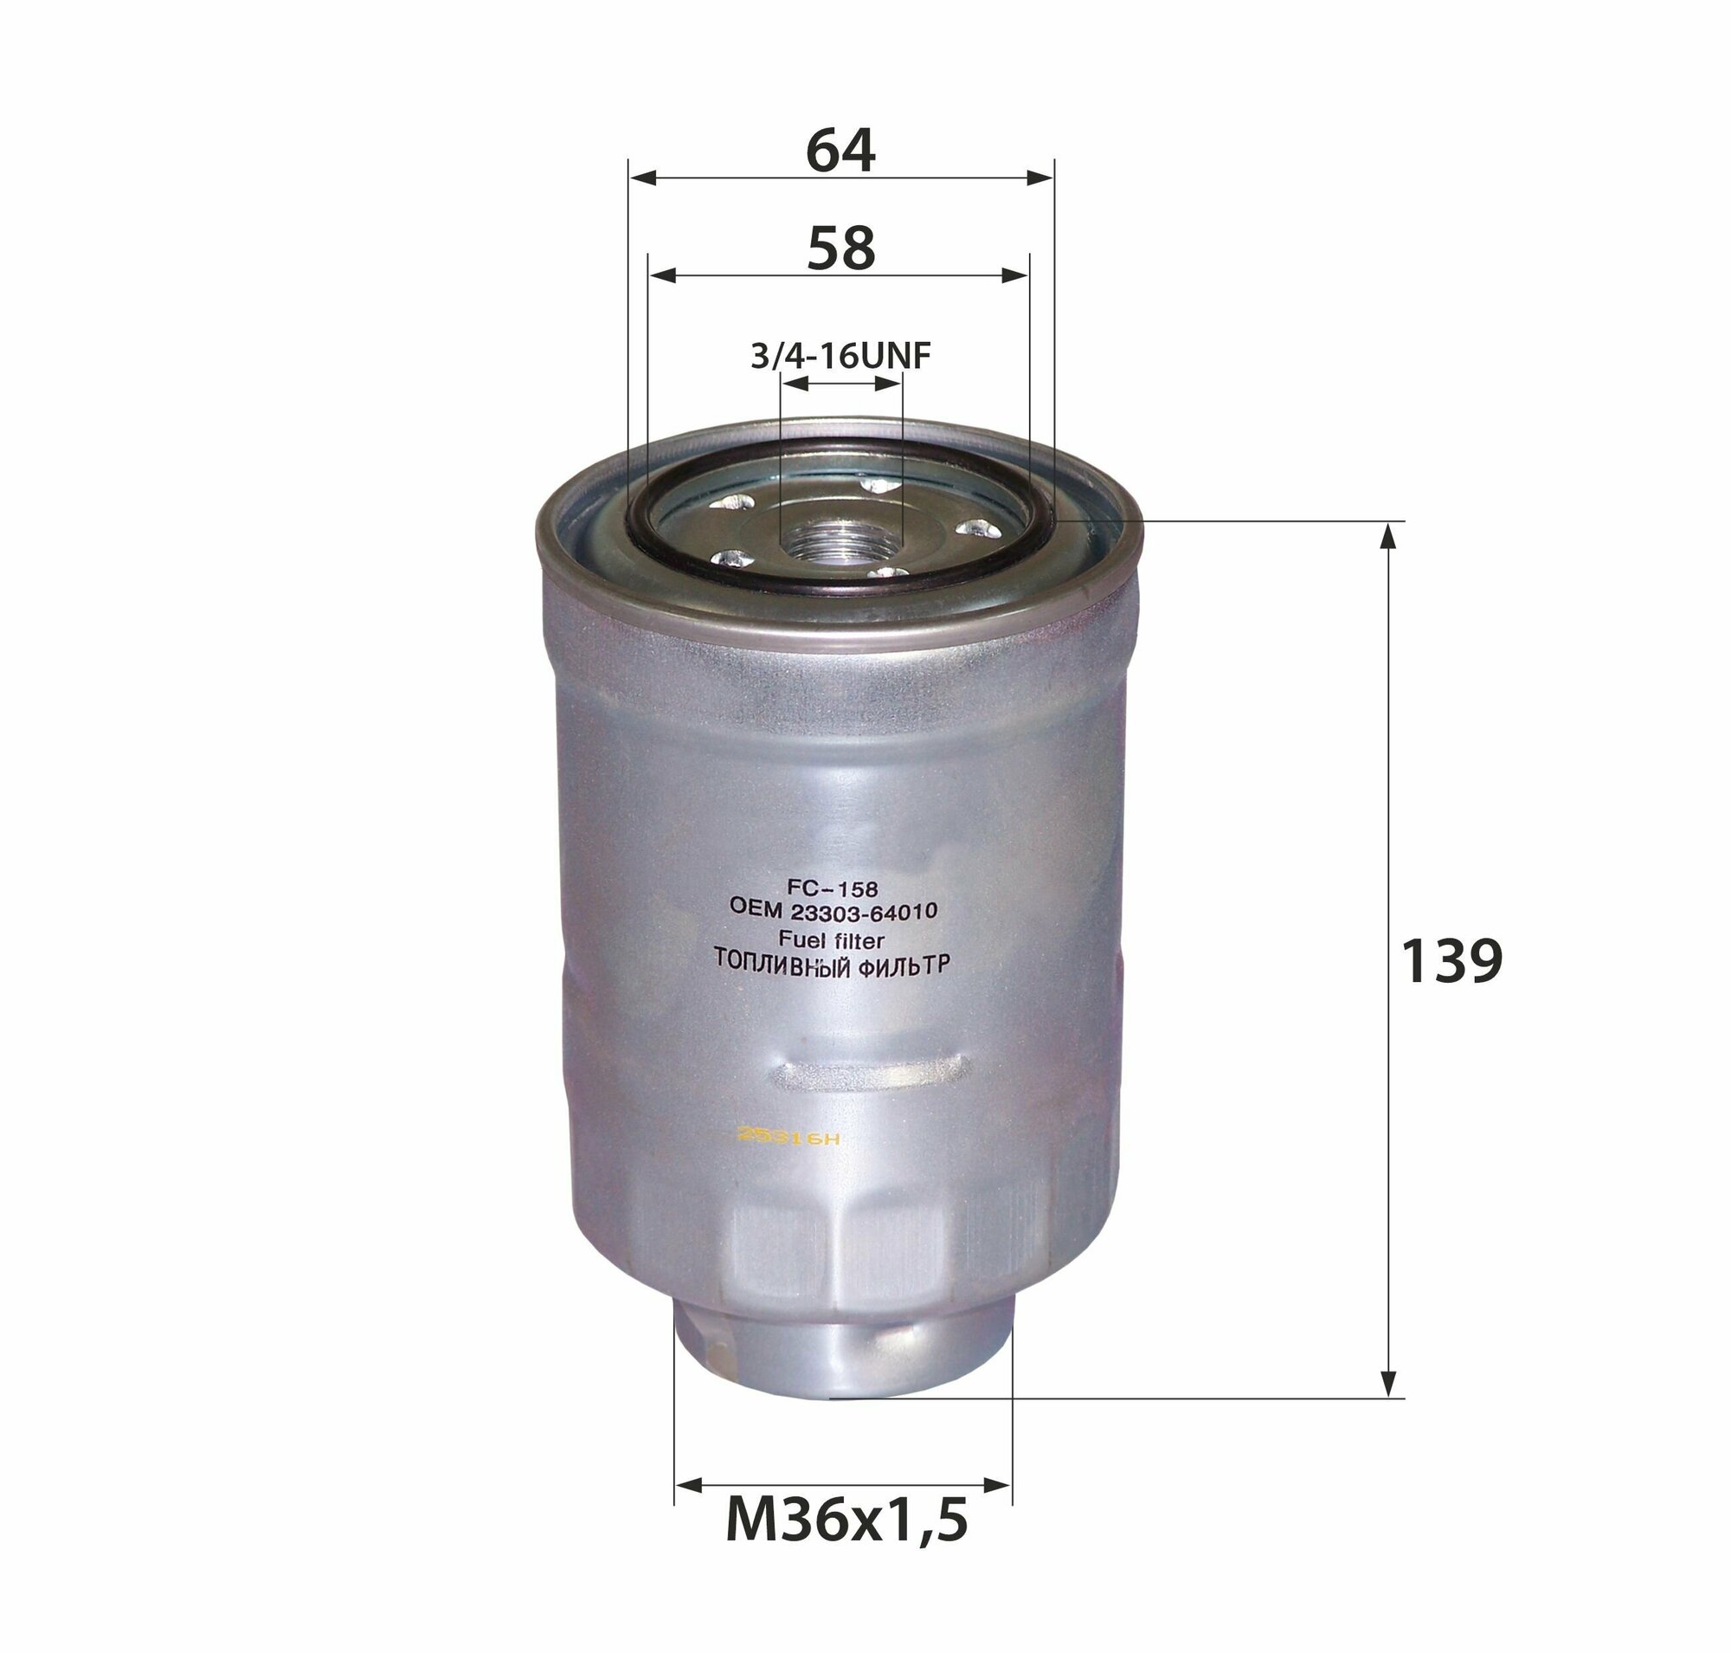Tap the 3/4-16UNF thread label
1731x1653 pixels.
pos(840,357)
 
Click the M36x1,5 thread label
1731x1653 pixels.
pos(846,1519)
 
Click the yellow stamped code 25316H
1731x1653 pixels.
pos(788,1139)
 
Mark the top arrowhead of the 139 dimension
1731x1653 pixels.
pos(1388,534)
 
